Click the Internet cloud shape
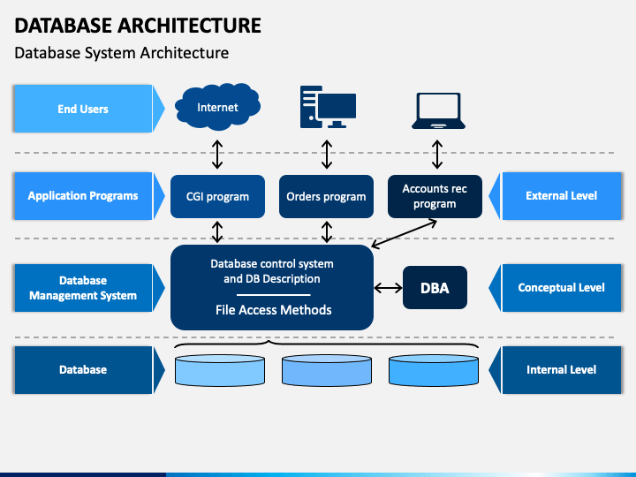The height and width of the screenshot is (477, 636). click(217, 107)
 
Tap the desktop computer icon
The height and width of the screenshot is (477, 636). click(328, 107)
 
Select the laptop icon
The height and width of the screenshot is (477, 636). click(438, 110)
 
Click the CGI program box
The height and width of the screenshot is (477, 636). click(217, 196)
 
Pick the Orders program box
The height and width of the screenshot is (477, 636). click(326, 196)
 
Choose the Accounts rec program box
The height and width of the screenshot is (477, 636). click(435, 196)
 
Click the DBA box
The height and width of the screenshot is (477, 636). click(435, 288)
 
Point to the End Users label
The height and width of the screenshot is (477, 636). click(83, 109)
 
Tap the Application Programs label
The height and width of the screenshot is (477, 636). click(83, 196)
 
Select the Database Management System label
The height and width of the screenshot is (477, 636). click(83, 288)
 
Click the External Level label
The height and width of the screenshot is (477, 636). click(562, 196)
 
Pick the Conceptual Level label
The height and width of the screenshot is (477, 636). click(562, 288)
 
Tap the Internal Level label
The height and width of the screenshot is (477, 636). click(562, 369)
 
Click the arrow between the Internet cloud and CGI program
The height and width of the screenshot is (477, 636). click(217, 155)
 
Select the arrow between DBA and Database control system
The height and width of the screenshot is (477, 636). click(388, 288)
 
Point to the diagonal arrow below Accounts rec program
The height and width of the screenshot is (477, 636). click(404, 233)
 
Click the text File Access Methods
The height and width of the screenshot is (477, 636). click(273, 310)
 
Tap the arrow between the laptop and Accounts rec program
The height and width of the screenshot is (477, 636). click(437, 155)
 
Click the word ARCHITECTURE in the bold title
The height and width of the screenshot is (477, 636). click(189, 25)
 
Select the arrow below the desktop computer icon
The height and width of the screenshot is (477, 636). click(327, 155)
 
